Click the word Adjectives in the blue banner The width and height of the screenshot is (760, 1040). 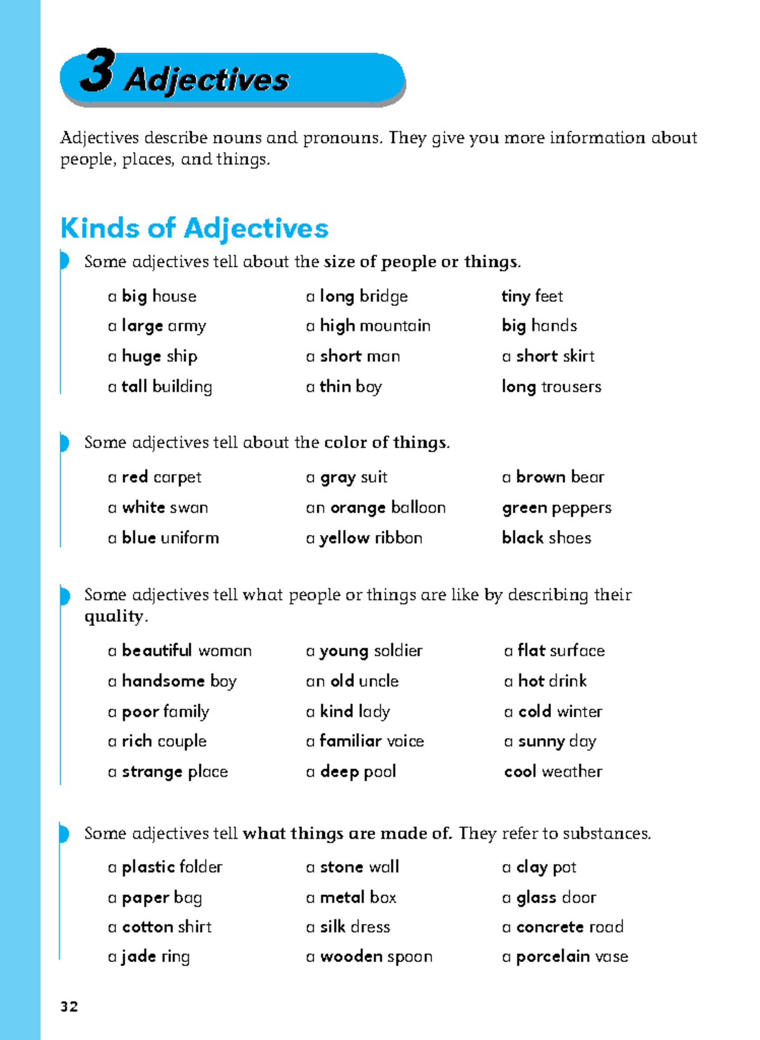[x=206, y=80]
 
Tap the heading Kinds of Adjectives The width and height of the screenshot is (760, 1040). [x=194, y=228]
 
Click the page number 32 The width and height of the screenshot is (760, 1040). [x=69, y=1006]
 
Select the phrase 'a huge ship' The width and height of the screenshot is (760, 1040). [x=153, y=356]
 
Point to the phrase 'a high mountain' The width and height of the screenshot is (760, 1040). [x=368, y=326]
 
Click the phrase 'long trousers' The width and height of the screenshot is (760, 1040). [x=551, y=387]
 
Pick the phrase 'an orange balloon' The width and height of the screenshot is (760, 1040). [x=376, y=508]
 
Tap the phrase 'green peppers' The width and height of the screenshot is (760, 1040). [x=557, y=508]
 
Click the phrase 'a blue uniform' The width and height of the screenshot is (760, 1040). [x=163, y=538]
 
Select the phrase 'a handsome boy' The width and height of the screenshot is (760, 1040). [x=172, y=681]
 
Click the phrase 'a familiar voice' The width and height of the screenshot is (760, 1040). [x=365, y=741]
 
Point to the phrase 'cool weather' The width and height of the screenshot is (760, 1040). [x=553, y=772]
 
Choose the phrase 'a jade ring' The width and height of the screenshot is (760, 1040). [x=149, y=957]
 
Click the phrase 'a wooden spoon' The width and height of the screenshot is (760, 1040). [x=369, y=957]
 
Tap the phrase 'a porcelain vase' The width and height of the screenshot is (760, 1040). [x=565, y=957]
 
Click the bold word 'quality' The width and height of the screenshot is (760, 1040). [x=113, y=617]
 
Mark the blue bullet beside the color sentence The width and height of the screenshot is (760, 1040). [x=64, y=442]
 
